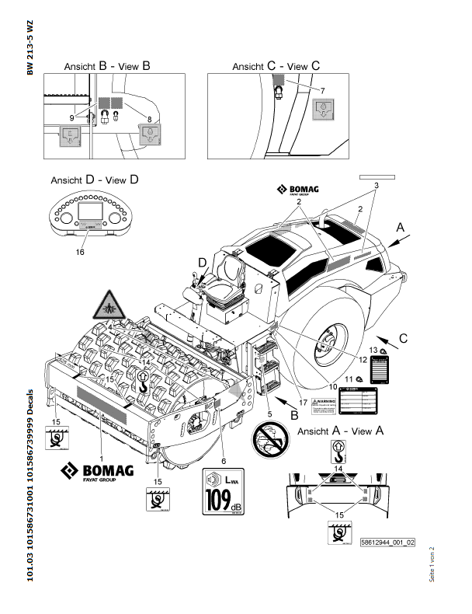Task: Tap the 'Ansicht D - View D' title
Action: [x=95, y=180]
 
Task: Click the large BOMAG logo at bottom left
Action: [x=97, y=472]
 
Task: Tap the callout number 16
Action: [x=80, y=252]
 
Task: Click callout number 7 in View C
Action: [x=321, y=91]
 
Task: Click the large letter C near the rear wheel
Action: [x=403, y=338]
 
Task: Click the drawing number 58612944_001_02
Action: [x=387, y=542]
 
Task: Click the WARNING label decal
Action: [x=323, y=404]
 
